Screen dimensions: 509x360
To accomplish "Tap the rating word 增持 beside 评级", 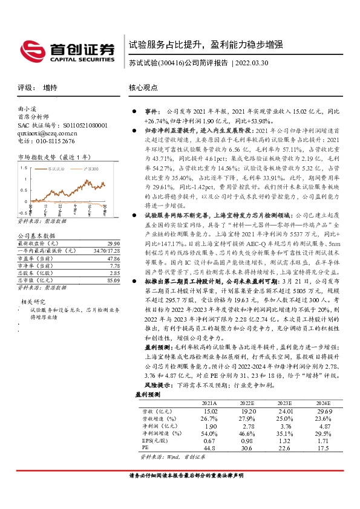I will click(x=50, y=88).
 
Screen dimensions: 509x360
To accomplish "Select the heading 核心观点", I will click(x=143, y=88).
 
